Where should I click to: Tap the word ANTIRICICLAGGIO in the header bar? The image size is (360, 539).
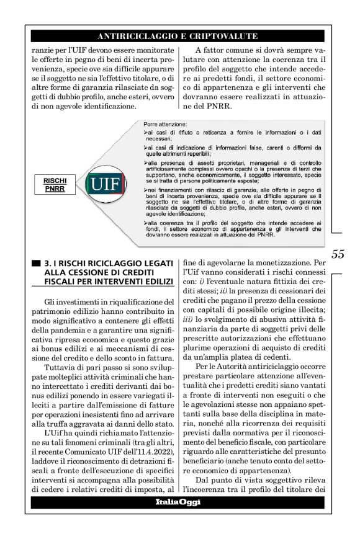point(140,36)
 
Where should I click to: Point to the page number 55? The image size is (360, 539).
point(338,254)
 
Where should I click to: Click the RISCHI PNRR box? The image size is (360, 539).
point(55,184)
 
